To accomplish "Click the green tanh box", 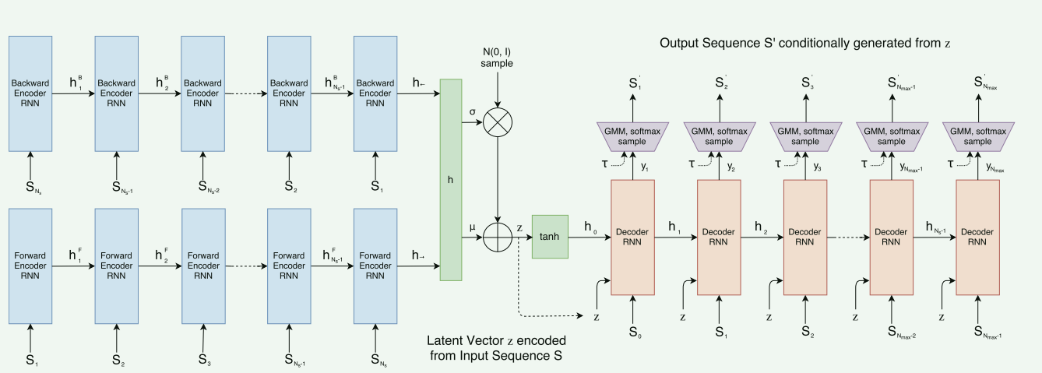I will (x=551, y=236).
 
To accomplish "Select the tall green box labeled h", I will (x=451, y=179).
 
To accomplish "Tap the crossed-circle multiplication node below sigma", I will (x=498, y=122).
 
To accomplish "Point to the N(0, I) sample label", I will (x=498, y=56).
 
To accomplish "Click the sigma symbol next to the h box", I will (x=472, y=111).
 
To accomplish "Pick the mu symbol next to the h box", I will (x=472, y=227).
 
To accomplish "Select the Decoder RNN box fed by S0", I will (x=633, y=237).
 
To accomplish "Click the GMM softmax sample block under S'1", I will (x=633, y=136).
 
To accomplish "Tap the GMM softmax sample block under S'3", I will (x=805, y=136).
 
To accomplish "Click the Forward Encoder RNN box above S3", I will (x=203, y=265).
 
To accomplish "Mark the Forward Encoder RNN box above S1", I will (x=30, y=265).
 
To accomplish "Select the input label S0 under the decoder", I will (x=633, y=333).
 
